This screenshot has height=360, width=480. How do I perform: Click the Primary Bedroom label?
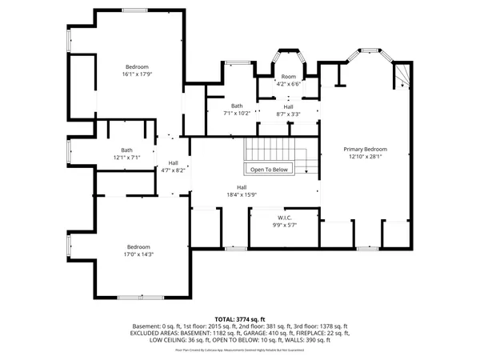click(x=366, y=150)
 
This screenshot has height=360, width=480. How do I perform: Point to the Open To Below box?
click(x=269, y=170)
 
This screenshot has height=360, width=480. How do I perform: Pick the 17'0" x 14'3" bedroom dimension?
click(x=138, y=255)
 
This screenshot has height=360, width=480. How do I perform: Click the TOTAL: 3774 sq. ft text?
click(x=239, y=318)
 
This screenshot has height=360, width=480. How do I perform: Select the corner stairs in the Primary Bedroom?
click(x=401, y=78)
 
